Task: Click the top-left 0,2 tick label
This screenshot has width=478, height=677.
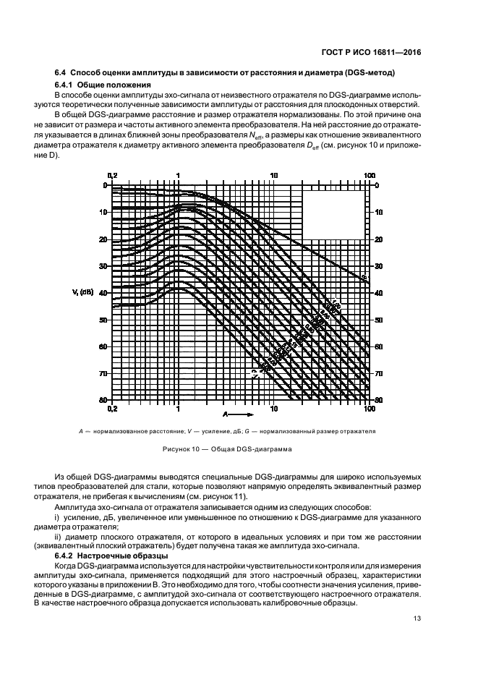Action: point(112,176)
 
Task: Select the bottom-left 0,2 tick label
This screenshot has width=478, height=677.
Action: point(112,409)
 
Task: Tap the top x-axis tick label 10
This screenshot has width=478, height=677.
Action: point(273,176)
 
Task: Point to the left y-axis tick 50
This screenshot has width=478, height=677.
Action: point(103,320)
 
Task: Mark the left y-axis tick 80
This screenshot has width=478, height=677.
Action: point(103,400)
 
